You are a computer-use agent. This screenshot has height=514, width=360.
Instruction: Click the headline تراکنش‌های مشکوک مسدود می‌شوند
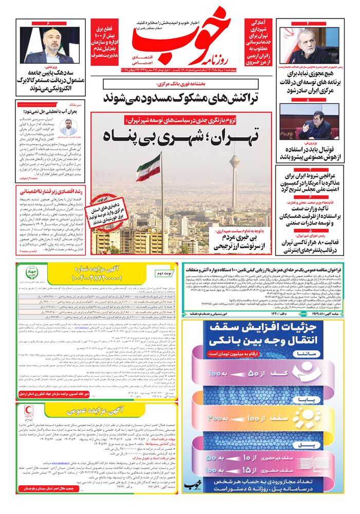180,97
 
